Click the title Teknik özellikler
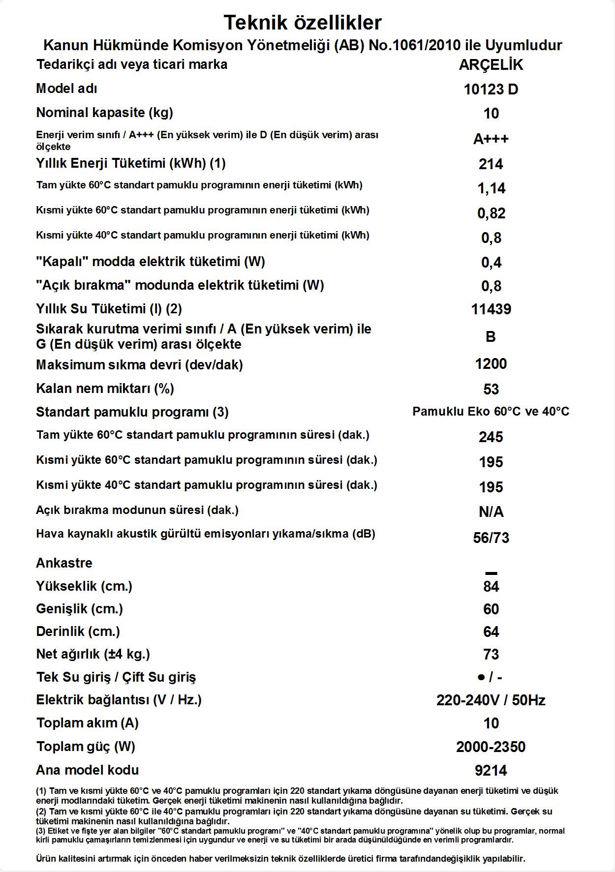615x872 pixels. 303,23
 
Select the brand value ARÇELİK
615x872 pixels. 491,65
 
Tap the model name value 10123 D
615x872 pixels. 491,90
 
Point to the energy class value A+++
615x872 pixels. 491,139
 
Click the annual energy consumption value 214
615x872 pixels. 491,164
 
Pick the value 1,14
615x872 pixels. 491,188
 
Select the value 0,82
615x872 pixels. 491,213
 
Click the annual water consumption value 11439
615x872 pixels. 491,309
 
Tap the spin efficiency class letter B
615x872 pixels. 491,337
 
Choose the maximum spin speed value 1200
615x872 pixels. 491,364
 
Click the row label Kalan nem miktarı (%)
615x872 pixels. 105,389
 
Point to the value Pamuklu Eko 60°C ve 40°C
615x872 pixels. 491,412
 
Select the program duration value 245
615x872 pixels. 491,437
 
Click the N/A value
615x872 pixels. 491,512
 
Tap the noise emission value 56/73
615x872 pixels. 491,538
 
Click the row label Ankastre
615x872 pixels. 64,563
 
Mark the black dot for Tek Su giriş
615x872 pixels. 481,677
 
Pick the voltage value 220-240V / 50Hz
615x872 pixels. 491,700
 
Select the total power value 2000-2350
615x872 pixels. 491,747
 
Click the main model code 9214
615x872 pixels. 491,771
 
